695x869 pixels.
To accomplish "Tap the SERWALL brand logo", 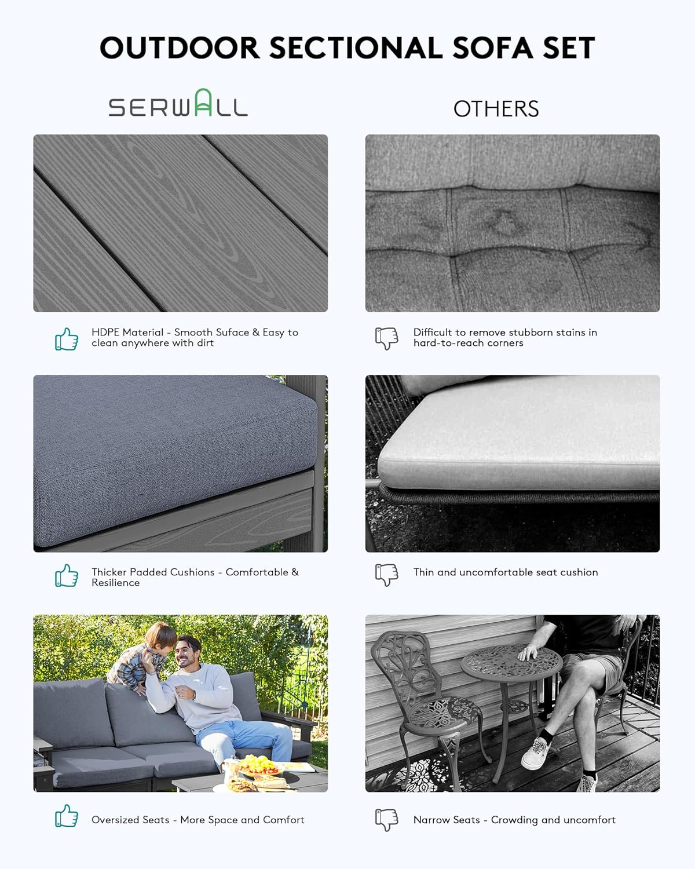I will coord(178,104).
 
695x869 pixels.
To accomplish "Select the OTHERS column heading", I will coord(496,109).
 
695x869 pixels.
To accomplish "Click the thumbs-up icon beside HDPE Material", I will coord(67,339).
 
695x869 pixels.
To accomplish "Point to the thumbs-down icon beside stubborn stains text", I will coord(386,338).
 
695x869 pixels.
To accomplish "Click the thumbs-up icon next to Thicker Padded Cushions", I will coord(67,576).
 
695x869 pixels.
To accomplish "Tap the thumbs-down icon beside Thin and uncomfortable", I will coord(386,574).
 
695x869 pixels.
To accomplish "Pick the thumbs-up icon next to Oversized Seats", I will coord(67,816).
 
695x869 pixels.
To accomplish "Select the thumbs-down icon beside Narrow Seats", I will coord(386,819).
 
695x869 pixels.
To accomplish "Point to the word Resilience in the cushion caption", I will coord(115,583).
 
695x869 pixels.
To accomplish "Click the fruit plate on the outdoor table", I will coord(259,766).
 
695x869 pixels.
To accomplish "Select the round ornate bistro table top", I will coord(511,661).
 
